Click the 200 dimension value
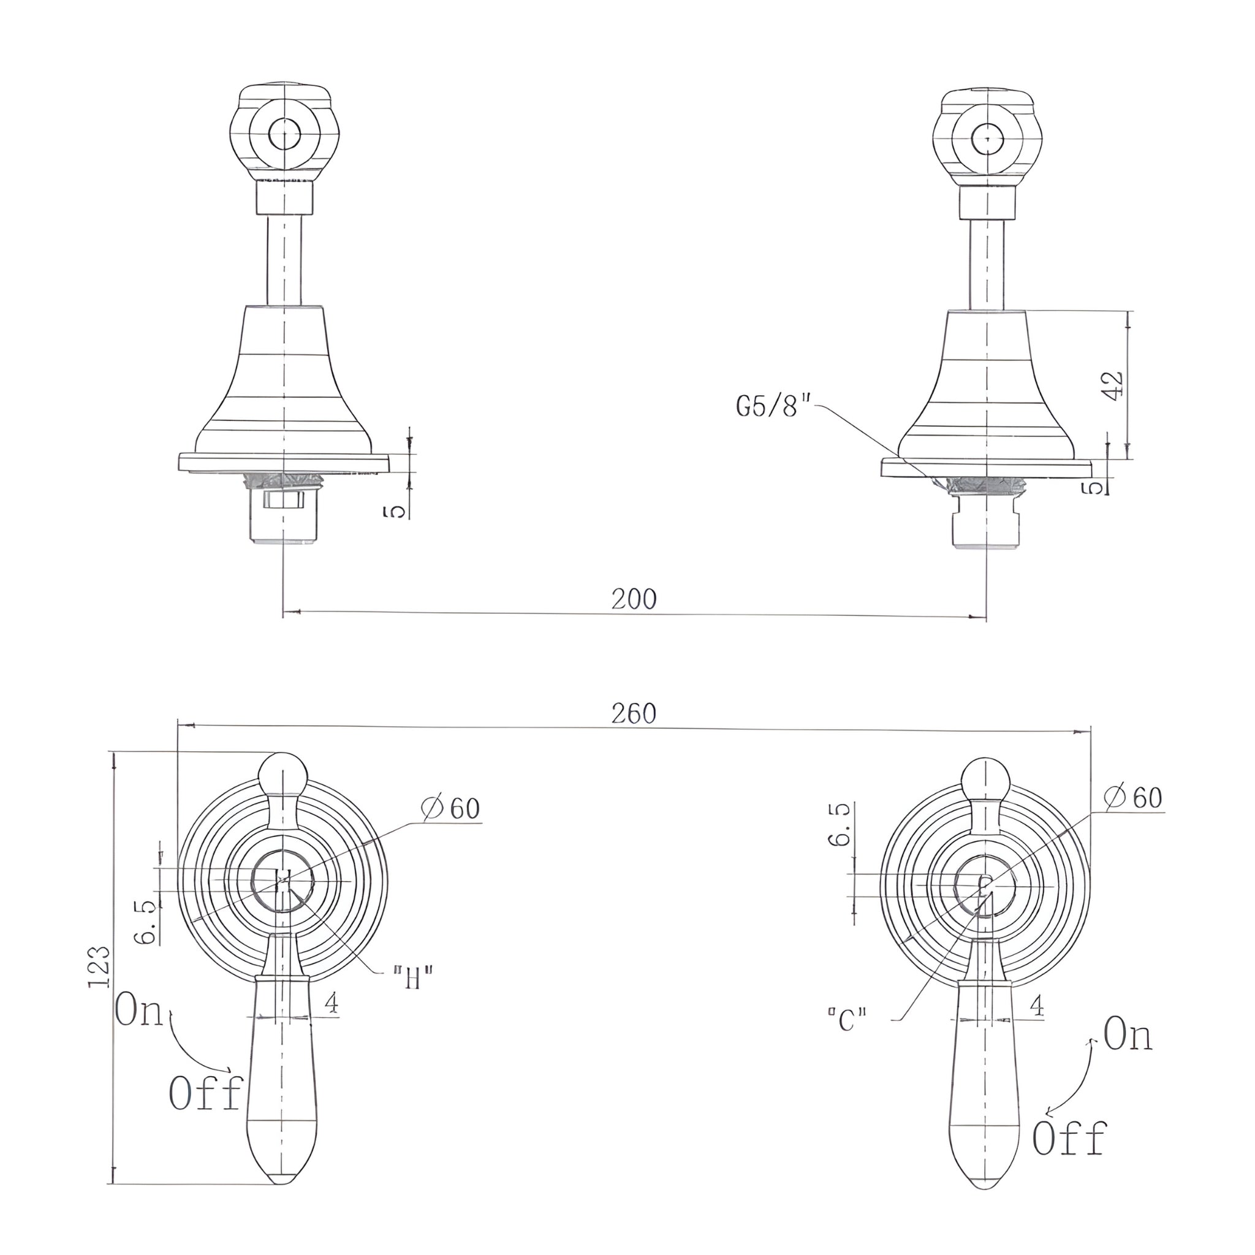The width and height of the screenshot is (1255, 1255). [634, 599]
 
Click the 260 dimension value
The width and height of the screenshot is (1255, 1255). [634, 714]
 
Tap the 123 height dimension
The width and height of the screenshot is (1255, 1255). [99, 967]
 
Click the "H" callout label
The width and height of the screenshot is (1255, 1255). [413, 978]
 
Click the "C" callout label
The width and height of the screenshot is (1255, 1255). [847, 1020]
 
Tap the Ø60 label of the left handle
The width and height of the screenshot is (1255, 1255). [450, 809]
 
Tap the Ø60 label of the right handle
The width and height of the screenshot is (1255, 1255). [1133, 798]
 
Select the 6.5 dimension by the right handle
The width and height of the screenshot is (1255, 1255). [839, 824]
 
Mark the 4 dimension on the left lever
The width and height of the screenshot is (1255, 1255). [332, 1004]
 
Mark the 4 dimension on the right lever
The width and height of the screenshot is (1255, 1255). [1037, 1006]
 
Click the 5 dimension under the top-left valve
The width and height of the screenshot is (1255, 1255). [396, 511]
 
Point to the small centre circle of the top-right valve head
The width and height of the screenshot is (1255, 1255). [988, 139]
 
